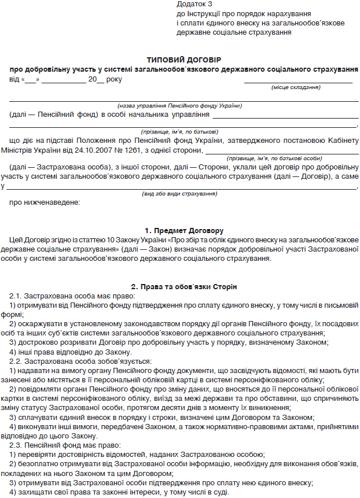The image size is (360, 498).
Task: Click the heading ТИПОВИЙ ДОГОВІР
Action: [183, 59]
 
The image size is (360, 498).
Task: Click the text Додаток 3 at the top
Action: [193, 4]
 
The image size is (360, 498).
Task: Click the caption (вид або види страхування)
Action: [179, 193]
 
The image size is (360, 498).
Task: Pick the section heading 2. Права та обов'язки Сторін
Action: [183, 287]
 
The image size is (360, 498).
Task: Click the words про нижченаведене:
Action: [46, 202]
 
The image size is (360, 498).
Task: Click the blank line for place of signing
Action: [297, 81]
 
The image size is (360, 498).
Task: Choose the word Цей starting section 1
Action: [18, 239]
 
